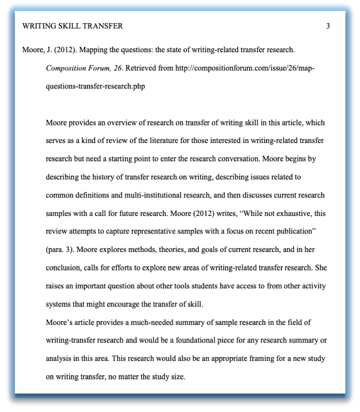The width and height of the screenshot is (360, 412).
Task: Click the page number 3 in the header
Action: point(328,26)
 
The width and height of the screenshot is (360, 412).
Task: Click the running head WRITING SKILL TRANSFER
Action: point(72,26)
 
